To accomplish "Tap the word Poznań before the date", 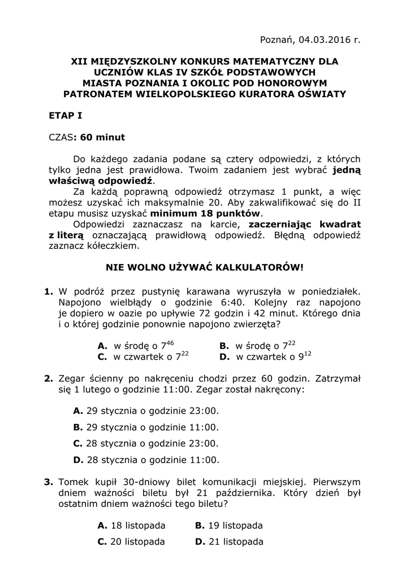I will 275,39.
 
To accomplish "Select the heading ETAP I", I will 66,116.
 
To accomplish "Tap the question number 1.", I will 48,292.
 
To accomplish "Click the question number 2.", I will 48,378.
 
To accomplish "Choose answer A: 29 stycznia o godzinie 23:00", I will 145,411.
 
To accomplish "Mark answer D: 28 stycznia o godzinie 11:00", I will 145,460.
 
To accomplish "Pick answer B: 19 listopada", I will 228,526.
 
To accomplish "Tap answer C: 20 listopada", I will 131,542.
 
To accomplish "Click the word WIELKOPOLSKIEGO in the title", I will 185,94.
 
